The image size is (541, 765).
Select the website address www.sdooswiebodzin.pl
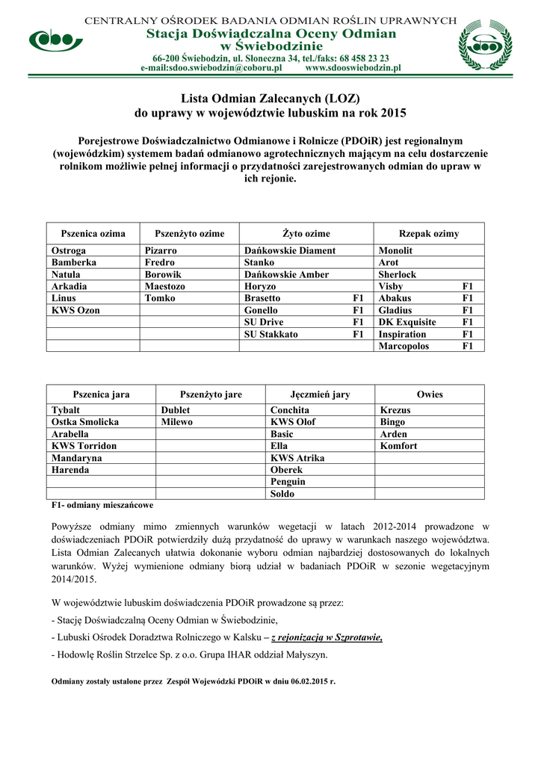point(353,67)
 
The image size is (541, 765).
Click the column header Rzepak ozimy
point(428,234)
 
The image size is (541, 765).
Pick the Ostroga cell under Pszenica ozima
point(69,251)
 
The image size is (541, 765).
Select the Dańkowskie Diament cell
point(290,251)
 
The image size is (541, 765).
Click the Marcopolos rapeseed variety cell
point(404,347)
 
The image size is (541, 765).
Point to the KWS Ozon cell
point(75,311)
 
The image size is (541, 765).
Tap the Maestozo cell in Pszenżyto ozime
point(165,287)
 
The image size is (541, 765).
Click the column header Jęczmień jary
point(320,394)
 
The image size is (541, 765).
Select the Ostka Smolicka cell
point(85,422)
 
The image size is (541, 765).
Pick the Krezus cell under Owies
point(395,410)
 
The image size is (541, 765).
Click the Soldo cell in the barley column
point(282,494)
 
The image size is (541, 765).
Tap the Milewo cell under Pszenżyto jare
point(177,422)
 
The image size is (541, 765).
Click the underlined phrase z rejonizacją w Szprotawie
point(327,637)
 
